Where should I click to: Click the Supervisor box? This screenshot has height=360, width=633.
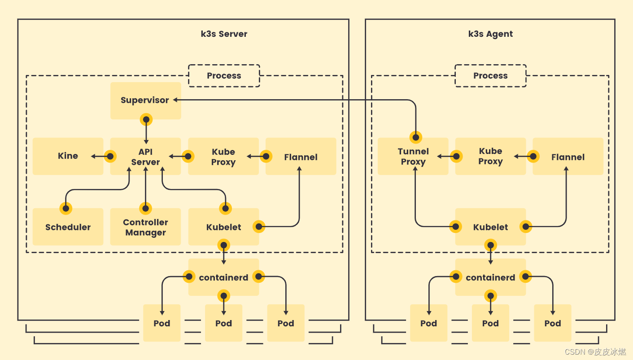point(145,101)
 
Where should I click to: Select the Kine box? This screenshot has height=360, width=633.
point(68,156)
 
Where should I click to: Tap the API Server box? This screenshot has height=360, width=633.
point(145,156)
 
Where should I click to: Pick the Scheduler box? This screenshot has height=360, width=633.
point(68,227)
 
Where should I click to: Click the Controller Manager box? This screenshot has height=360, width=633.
point(145,227)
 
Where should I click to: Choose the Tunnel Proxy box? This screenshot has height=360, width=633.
point(413,156)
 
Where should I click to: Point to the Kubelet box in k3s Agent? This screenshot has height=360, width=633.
point(490,227)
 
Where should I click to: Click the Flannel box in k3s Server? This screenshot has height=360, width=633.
point(301,156)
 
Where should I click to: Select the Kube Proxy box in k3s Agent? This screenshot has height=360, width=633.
point(490,156)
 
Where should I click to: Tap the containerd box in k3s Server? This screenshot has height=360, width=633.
point(223,277)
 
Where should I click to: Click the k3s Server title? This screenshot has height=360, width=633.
point(224,34)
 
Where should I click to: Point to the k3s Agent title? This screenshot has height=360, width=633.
point(490,34)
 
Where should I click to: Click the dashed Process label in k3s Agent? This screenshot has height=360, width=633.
point(490,75)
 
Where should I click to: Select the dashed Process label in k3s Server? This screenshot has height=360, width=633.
point(224,75)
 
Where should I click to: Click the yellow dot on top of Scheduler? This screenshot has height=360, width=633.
point(66,208)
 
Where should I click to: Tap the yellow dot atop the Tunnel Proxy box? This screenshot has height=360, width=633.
point(416,137)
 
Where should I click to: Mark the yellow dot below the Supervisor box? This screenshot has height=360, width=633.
point(146,119)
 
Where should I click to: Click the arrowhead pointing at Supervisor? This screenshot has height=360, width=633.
point(175,100)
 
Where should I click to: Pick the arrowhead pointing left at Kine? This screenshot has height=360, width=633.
point(93,156)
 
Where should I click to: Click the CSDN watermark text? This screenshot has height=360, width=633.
point(595,352)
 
